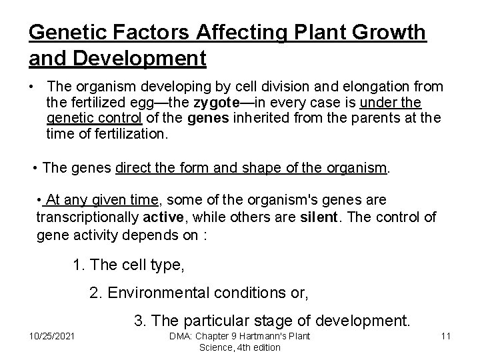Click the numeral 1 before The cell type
[x=78, y=265]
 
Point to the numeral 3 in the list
[x=139, y=321]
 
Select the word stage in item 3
[x=280, y=321]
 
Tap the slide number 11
[x=446, y=335]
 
